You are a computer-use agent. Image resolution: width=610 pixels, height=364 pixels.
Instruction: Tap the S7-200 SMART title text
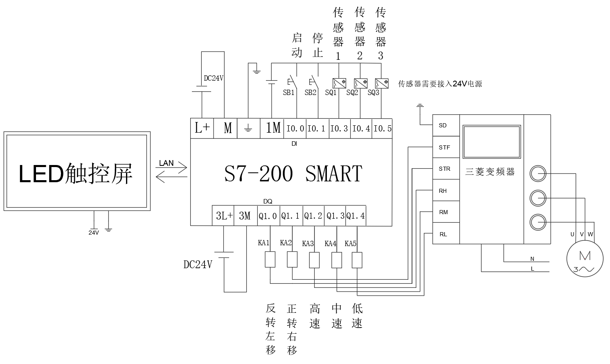tap(293, 173)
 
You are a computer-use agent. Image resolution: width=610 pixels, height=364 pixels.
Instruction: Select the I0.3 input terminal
tap(340, 129)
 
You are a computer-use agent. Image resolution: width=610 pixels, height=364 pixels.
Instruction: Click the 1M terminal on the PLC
tap(273, 129)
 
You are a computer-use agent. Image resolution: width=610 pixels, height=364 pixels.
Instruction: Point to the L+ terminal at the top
tap(202, 129)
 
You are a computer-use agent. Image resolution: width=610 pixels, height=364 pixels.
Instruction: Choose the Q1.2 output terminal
tap(313, 216)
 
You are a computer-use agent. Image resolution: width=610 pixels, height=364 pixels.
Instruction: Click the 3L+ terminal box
tap(224, 216)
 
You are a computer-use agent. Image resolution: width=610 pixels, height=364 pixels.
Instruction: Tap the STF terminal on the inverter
tap(444, 147)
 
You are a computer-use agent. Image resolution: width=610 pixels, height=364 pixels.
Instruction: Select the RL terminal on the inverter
tap(443, 234)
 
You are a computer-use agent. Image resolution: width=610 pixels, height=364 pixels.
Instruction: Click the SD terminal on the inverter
tap(443, 125)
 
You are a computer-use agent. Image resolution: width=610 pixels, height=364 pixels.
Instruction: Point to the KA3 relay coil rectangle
tap(314, 260)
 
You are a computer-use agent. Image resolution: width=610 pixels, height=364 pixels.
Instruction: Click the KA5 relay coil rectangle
tap(357, 260)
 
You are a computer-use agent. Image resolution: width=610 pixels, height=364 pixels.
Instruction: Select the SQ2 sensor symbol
tap(360, 84)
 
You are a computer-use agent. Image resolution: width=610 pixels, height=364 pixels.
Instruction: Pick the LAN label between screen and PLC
tap(167, 163)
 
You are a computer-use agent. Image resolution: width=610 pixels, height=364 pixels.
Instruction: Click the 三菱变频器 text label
tap(490, 172)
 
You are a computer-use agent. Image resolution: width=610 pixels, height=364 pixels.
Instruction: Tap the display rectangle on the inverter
tap(491, 142)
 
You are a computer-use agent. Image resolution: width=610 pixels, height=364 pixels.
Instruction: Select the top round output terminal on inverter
tap(538, 174)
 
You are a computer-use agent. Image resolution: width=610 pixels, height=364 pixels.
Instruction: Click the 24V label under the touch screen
tap(94, 233)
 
